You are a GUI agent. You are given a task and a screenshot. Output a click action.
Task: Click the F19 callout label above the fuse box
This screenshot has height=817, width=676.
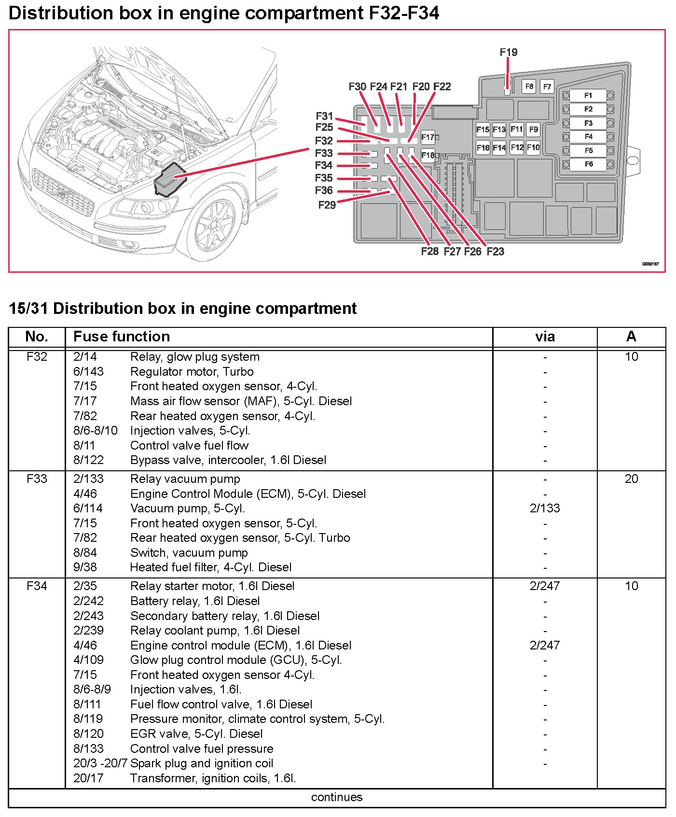click(509, 52)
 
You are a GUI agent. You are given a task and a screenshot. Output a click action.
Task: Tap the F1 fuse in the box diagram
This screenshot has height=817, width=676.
click(588, 96)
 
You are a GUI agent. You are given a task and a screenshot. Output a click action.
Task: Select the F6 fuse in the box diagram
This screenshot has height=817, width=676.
click(588, 164)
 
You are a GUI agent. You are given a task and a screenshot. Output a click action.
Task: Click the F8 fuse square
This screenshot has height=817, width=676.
click(529, 86)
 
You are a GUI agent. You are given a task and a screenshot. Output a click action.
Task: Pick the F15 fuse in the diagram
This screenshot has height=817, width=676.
click(483, 129)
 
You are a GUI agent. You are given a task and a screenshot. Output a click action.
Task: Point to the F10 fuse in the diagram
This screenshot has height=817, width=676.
click(533, 147)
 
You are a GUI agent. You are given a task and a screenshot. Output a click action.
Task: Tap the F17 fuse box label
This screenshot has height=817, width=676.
click(428, 137)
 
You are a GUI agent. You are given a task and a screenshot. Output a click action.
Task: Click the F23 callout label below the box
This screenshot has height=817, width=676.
click(495, 251)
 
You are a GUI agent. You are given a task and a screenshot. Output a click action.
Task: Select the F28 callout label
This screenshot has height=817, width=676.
click(429, 251)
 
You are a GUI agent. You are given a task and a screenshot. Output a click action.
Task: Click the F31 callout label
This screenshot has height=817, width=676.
click(324, 116)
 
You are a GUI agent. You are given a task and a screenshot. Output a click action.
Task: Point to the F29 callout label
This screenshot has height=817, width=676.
click(327, 205)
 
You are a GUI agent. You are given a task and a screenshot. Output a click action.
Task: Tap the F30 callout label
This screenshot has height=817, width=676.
click(357, 86)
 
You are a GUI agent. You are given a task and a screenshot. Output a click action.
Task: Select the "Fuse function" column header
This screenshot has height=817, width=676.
click(122, 337)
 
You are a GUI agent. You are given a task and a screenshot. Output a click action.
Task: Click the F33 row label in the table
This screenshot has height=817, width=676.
click(37, 479)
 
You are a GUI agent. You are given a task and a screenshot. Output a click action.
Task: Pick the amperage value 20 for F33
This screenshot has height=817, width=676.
click(631, 479)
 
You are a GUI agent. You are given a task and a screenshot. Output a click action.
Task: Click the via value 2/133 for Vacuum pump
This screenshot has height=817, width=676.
click(545, 508)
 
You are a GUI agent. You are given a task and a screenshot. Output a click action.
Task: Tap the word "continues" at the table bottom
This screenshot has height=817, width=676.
click(337, 797)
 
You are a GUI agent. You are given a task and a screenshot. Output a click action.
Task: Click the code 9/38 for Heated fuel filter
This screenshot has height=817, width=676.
click(85, 567)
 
